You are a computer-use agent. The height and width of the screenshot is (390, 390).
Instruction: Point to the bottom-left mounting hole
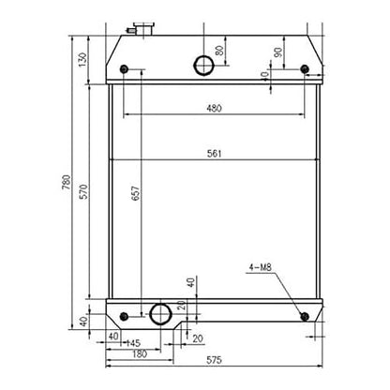point(126,312)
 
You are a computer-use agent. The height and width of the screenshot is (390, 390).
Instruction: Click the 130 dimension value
point(82,60)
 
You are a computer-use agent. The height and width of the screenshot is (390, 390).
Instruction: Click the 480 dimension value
point(214,109)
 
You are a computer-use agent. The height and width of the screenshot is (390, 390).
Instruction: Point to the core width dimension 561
point(214,156)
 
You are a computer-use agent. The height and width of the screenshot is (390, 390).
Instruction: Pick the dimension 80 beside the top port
point(220,51)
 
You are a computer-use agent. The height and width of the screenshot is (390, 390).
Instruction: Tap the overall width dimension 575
point(214,360)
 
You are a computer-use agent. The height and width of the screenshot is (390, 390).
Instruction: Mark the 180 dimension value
point(138,353)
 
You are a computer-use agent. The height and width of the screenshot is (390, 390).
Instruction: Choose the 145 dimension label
point(134,343)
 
